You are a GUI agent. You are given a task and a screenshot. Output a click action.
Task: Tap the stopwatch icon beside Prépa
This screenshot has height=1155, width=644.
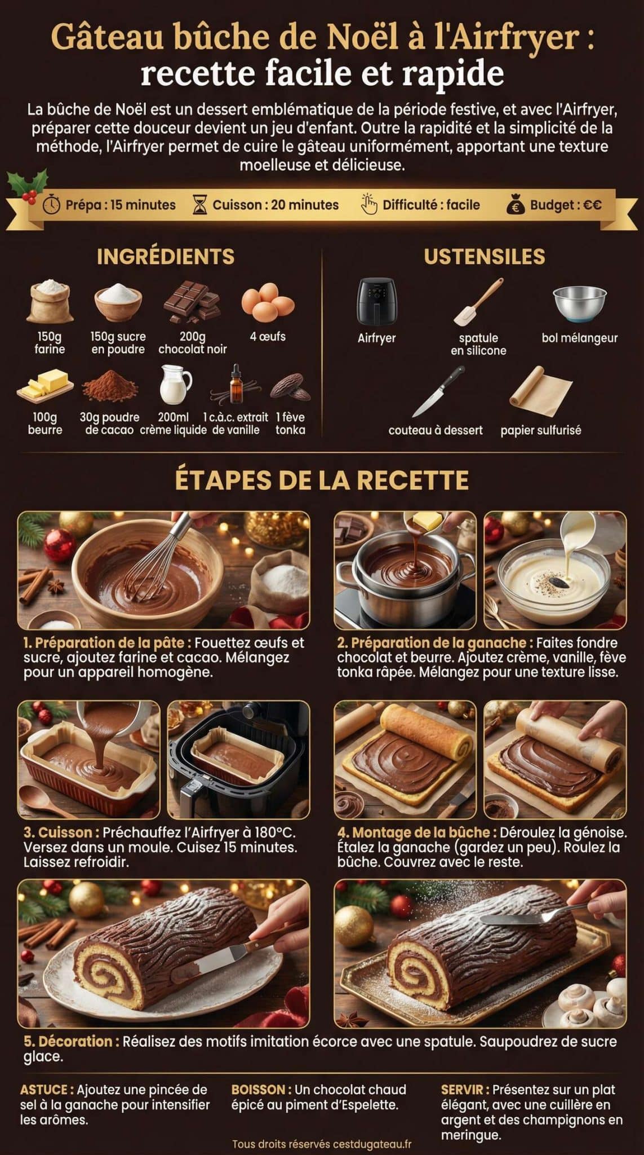click(52, 205)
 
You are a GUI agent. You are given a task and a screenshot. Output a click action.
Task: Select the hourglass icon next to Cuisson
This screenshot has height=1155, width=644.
click(200, 205)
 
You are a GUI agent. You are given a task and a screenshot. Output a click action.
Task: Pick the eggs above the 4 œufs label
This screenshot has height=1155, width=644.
click(268, 302)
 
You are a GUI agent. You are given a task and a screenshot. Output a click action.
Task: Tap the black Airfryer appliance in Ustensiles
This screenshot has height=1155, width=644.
click(376, 301)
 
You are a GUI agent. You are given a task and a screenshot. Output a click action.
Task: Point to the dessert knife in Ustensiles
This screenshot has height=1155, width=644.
click(438, 390)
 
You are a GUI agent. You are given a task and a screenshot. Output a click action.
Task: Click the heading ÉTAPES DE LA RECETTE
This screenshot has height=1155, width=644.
click(322, 480)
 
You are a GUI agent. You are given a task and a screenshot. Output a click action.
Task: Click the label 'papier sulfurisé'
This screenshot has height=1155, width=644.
click(540, 430)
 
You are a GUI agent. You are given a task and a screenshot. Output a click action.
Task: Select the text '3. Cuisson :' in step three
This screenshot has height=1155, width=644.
click(61, 832)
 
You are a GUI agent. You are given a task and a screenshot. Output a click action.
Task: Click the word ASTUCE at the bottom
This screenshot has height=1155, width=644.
click(47, 1089)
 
